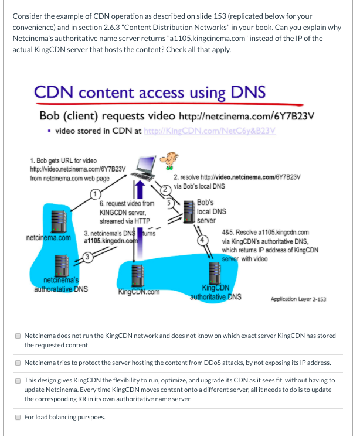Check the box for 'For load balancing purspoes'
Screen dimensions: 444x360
click(18, 418)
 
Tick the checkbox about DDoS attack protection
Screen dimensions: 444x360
click(18, 362)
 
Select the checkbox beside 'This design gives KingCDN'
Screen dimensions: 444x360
click(18, 381)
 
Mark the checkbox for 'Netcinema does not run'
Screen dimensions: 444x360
click(18, 336)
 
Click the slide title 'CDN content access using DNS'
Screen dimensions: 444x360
click(150, 92)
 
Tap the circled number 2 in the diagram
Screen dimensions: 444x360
click(165, 189)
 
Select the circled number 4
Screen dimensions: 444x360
click(203, 239)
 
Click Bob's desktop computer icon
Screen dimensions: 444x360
click(144, 168)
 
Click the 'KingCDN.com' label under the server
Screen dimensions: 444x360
click(139, 291)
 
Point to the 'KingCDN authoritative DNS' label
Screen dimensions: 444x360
click(213, 292)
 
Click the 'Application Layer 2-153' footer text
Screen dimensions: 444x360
click(298, 299)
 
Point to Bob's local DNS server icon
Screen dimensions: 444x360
click(188, 212)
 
